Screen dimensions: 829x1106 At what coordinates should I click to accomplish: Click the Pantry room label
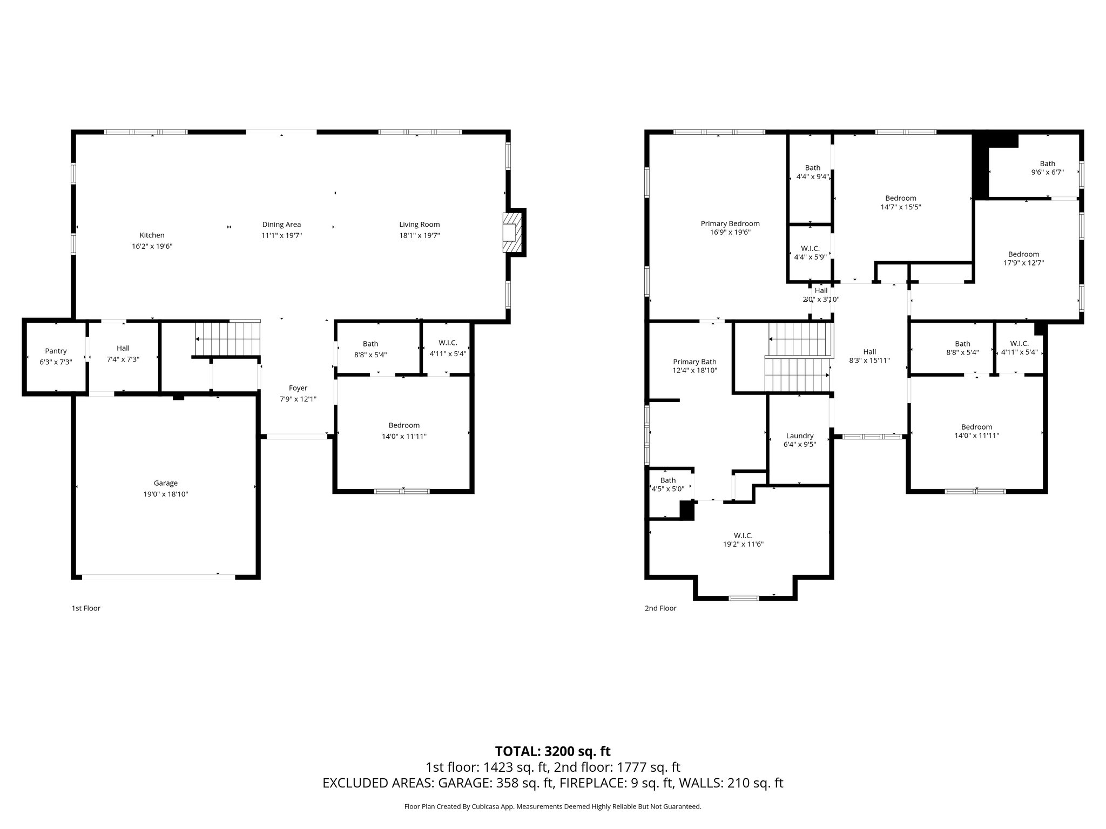click(56, 351)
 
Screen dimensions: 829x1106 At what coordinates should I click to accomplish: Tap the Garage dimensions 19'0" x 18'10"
click(165, 494)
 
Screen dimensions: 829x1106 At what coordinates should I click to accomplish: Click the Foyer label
click(298, 388)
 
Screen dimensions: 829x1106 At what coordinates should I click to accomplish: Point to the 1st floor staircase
click(227, 338)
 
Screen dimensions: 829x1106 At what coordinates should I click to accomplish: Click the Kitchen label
click(152, 235)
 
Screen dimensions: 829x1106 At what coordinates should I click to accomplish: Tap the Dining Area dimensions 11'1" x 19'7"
click(281, 235)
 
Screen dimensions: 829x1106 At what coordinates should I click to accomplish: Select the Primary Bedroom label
click(730, 223)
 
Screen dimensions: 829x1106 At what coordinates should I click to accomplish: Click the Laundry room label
click(799, 436)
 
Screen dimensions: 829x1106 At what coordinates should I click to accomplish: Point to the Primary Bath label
click(694, 362)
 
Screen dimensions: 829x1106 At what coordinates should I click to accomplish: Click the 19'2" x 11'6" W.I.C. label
click(743, 540)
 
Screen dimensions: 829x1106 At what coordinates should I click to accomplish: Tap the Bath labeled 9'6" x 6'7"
click(1047, 168)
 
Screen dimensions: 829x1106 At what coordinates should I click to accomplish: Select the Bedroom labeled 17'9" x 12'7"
click(1023, 259)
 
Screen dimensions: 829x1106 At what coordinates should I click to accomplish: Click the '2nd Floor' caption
click(660, 608)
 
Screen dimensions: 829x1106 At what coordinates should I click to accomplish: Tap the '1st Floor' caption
click(86, 608)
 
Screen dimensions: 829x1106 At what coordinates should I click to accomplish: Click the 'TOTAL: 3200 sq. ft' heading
click(552, 751)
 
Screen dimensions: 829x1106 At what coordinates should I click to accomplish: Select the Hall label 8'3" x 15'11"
click(869, 356)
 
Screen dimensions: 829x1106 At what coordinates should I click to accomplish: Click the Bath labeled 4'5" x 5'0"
click(667, 485)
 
